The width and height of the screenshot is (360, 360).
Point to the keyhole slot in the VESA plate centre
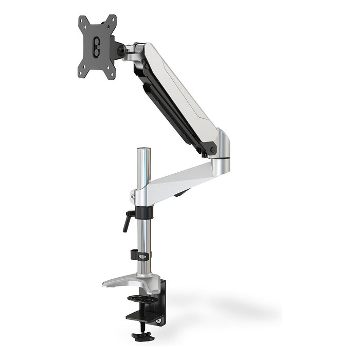(96, 47)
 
